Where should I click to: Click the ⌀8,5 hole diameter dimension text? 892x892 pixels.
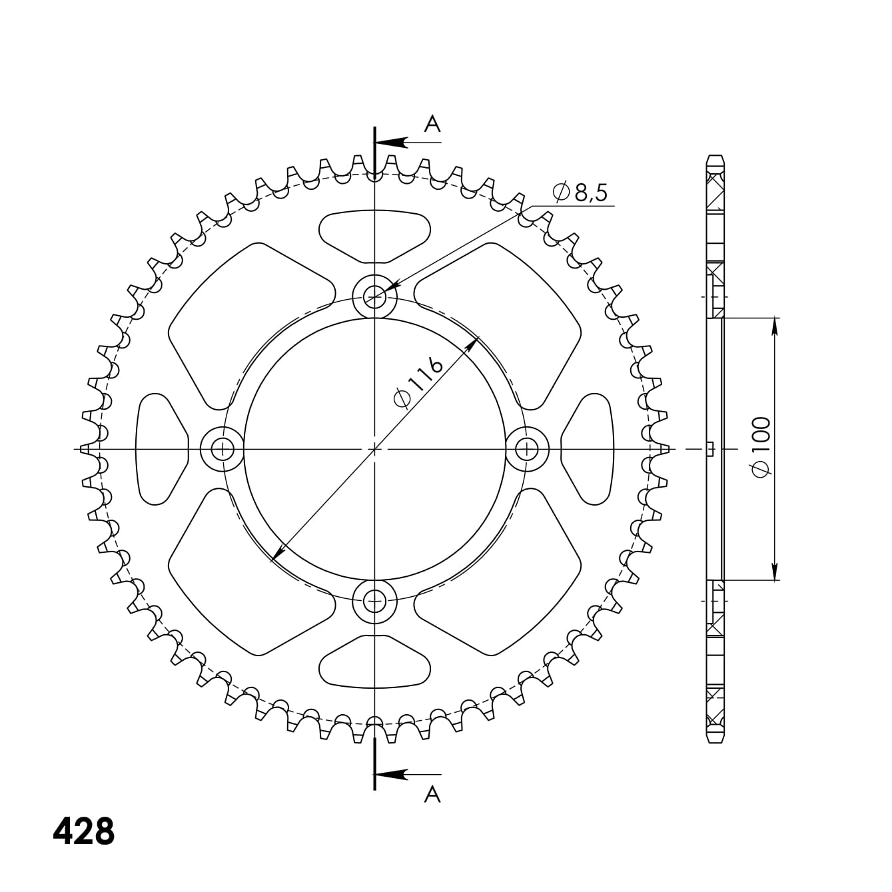point(580,193)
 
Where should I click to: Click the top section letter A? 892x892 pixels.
point(433,123)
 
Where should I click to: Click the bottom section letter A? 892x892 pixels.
point(433,794)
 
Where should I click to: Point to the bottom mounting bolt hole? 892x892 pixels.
point(375,602)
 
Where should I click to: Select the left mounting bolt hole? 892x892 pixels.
point(222,449)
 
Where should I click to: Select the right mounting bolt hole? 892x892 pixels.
point(528,449)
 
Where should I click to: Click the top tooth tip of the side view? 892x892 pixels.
point(714,157)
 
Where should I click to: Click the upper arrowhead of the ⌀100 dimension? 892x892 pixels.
point(774,326)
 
